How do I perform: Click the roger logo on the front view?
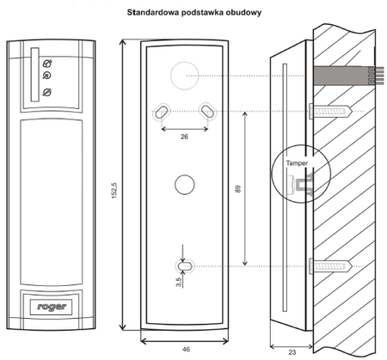click(x=52, y=307)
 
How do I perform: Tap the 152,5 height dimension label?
click(x=114, y=191)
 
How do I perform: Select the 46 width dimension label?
click(x=186, y=349)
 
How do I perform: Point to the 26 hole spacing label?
click(x=184, y=137)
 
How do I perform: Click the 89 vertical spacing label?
click(x=238, y=189)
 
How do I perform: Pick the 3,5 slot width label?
click(x=179, y=282)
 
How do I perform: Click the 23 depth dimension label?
click(x=292, y=352)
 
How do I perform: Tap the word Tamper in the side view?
click(x=297, y=163)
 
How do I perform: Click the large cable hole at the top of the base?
click(x=185, y=76)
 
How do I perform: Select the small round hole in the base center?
click(x=185, y=185)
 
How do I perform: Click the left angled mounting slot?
click(x=162, y=111)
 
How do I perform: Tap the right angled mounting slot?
click(x=207, y=111)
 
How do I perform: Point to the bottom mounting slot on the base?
click(x=185, y=266)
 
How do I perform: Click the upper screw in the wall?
click(x=330, y=111)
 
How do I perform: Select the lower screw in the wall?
click(x=330, y=266)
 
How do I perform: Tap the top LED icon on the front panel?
click(x=47, y=64)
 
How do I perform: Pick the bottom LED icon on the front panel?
click(x=47, y=92)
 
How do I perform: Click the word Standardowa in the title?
click(x=153, y=13)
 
